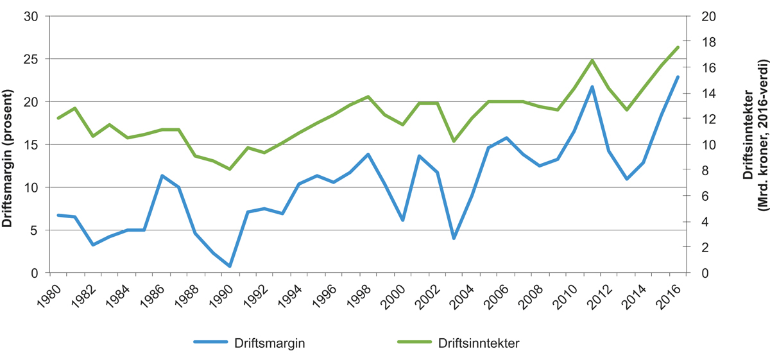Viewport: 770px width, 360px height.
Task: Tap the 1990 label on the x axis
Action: point(222,292)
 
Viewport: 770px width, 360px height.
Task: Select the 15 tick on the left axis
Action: point(30,144)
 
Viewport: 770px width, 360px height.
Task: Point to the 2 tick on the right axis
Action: point(705,247)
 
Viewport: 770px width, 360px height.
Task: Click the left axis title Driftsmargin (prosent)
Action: point(9,144)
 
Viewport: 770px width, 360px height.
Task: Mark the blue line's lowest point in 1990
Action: point(230,266)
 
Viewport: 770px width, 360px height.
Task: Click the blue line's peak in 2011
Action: point(592,87)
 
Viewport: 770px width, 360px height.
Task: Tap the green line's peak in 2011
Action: point(592,60)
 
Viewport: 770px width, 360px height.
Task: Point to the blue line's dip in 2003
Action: point(454,238)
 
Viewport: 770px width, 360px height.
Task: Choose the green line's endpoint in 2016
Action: point(678,47)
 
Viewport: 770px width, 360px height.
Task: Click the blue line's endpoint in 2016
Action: point(678,77)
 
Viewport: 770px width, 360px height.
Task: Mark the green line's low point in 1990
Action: point(230,169)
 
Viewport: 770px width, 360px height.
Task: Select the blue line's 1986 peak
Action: point(162,176)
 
